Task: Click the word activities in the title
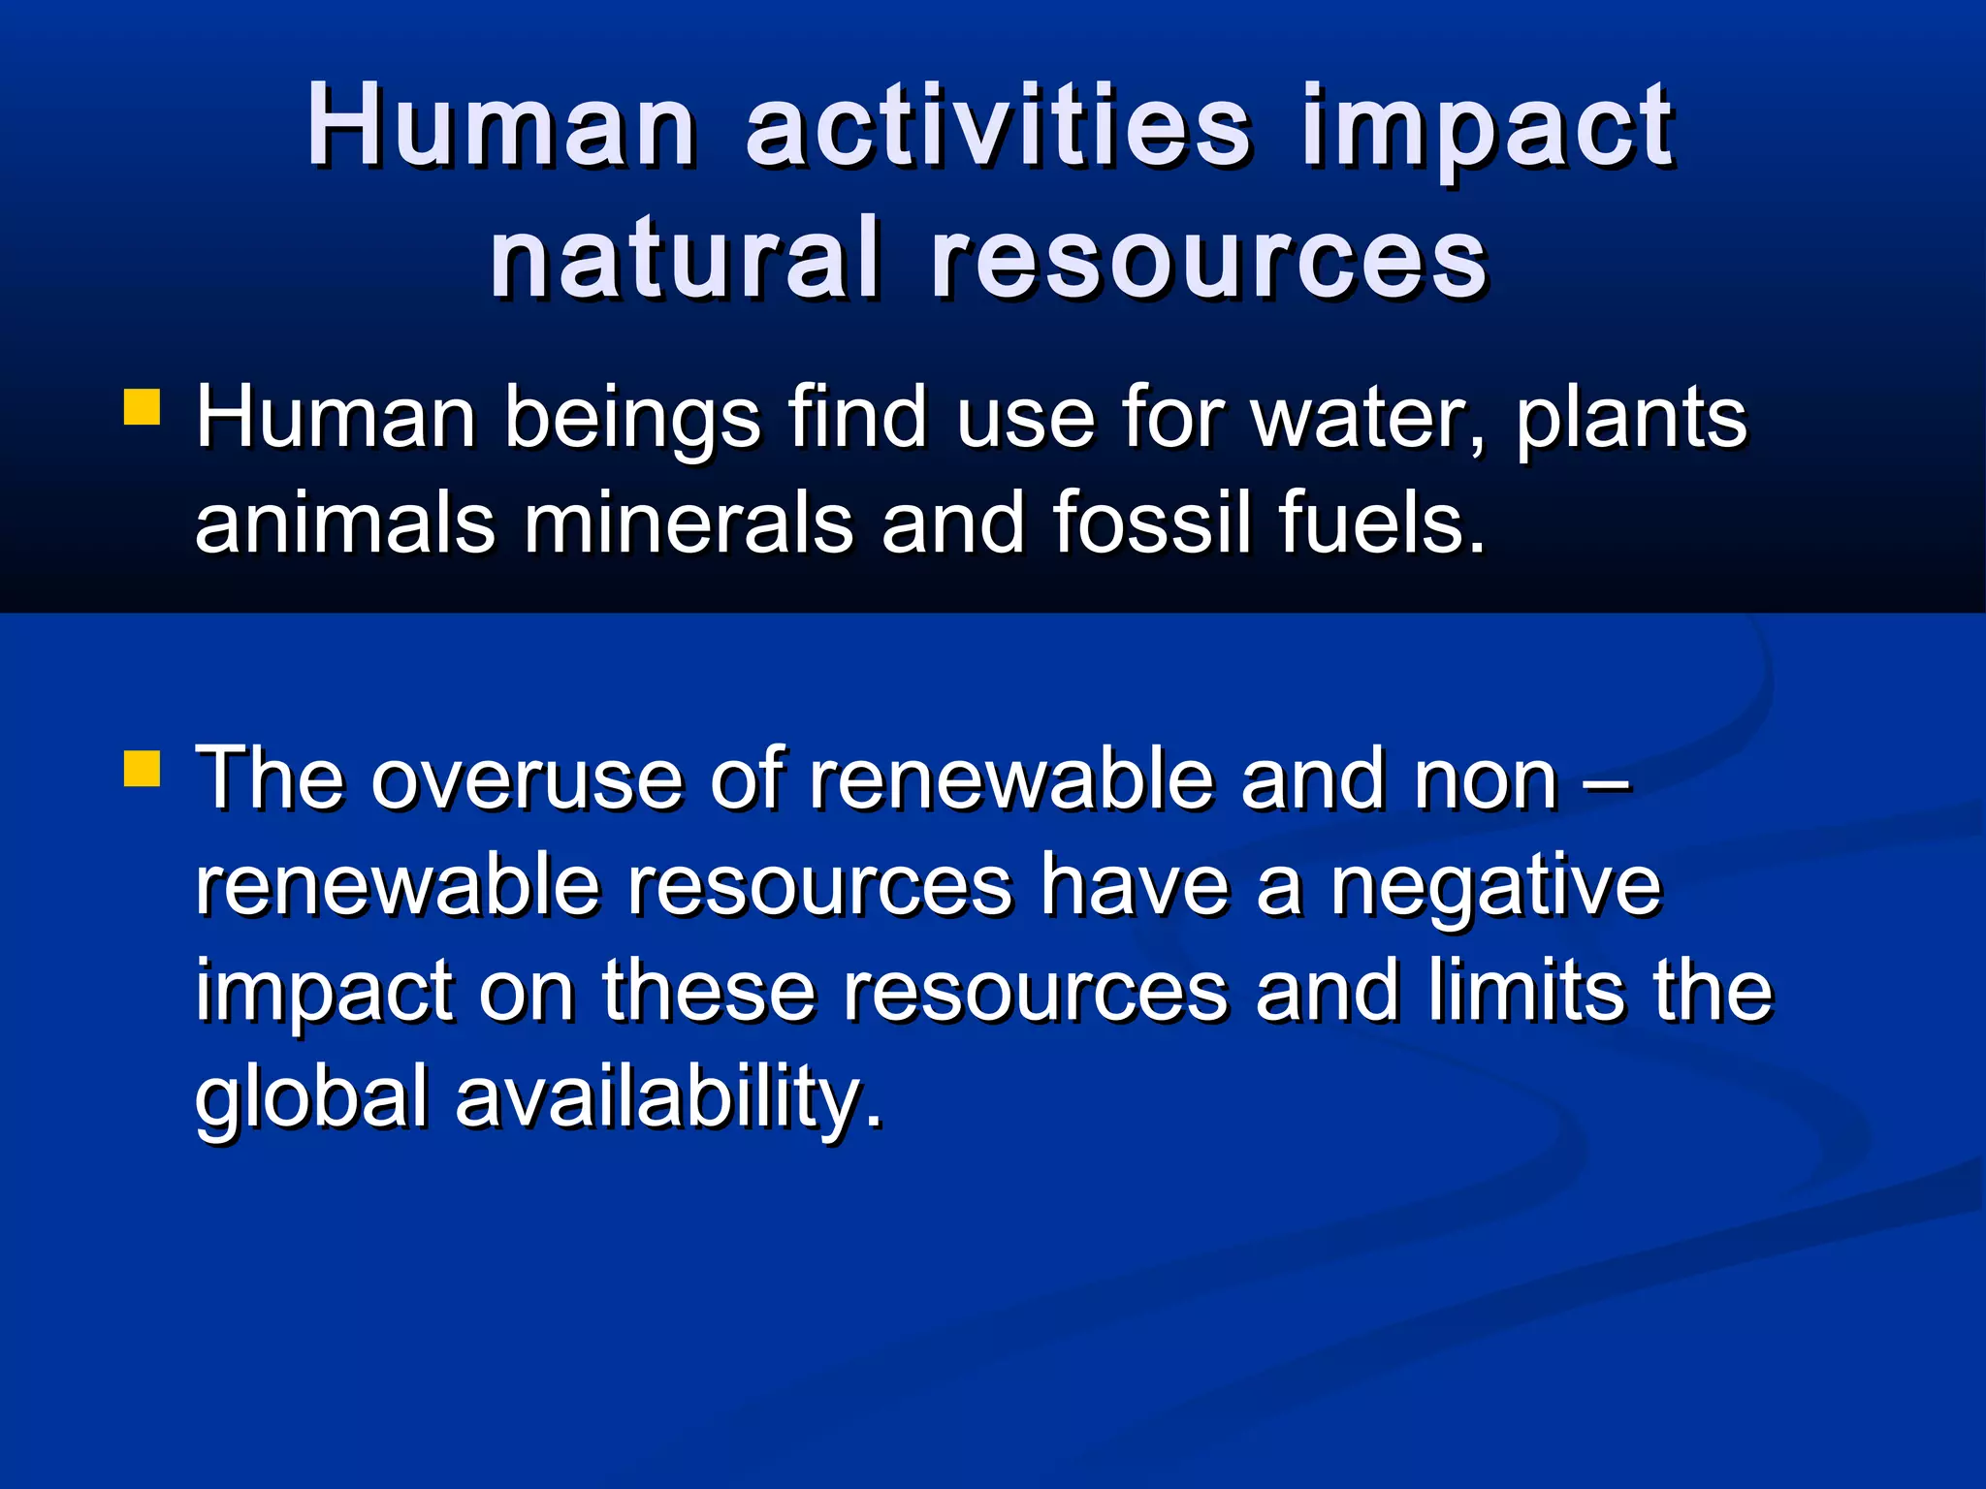(998, 126)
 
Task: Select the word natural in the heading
(686, 259)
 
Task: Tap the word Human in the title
(501, 126)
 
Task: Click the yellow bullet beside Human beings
(142, 407)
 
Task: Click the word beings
(632, 419)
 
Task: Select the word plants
(1631, 419)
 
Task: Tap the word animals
(345, 523)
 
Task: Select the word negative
(1495, 886)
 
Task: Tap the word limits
(1527, 991)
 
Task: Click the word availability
(669, 1097)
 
